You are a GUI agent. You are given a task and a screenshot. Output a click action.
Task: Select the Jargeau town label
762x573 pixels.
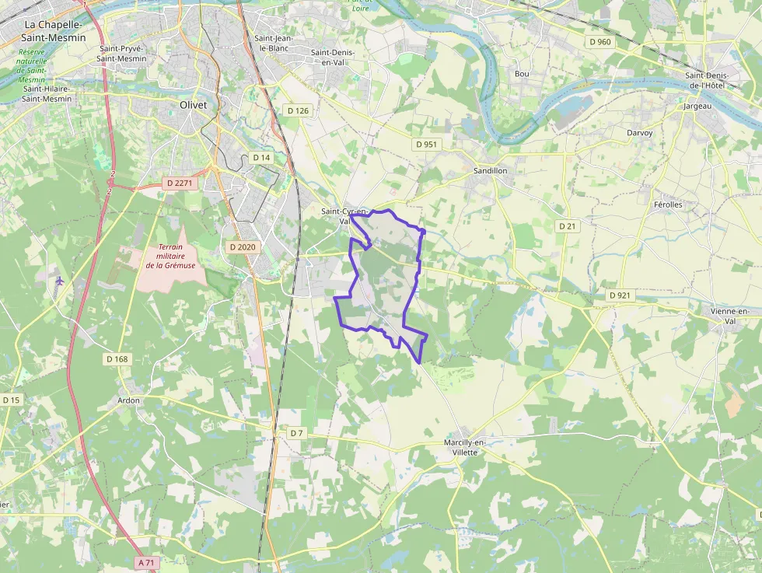(698, 106)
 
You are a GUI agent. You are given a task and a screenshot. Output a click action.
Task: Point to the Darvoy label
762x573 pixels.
(640, 133)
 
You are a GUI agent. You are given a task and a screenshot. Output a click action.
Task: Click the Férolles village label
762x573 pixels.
(668, 204)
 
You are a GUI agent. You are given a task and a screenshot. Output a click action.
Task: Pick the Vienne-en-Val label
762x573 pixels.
(729, 316)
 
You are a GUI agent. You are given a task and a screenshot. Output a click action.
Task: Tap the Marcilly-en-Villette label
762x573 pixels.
(464, 446)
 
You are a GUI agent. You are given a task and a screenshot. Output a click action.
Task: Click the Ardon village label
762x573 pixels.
(128, 400)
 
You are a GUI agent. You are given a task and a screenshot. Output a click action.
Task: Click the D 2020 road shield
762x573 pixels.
(243, 246)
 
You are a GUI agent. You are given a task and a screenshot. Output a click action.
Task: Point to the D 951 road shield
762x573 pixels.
(427, 145)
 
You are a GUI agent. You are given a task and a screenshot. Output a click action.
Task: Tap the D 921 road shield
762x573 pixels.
(620, 295)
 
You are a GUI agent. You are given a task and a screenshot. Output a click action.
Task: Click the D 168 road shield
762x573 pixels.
(117, 359)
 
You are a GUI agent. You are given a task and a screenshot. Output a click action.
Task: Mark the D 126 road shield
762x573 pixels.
(297, 110)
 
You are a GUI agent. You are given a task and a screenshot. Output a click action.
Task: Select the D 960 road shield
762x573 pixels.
(599, 41)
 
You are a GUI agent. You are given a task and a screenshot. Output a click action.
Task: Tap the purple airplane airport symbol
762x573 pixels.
(59, 281)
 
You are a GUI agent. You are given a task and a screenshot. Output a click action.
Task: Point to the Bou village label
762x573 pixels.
(522, 74)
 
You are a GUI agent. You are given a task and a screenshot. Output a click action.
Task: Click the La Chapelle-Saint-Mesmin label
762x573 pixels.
(54, 30)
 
